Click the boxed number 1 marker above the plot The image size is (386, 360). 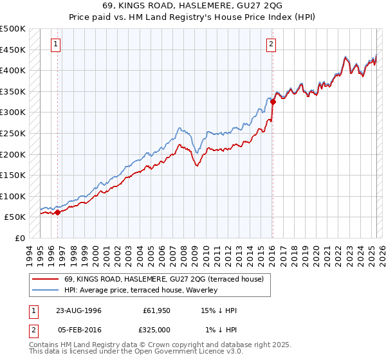click(x=56, y=44)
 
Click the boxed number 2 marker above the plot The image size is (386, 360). click(x=271, y=44)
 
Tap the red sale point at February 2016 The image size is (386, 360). click(x=273, y=102)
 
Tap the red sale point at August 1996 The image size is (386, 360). click(x=57, y=212)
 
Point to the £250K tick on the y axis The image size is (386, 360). click(x=14, y=133)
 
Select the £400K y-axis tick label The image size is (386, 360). click(x=14, y=71)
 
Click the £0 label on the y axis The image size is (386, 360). click(x=19, y=238)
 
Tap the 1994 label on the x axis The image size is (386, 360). click(x=29, y=253)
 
